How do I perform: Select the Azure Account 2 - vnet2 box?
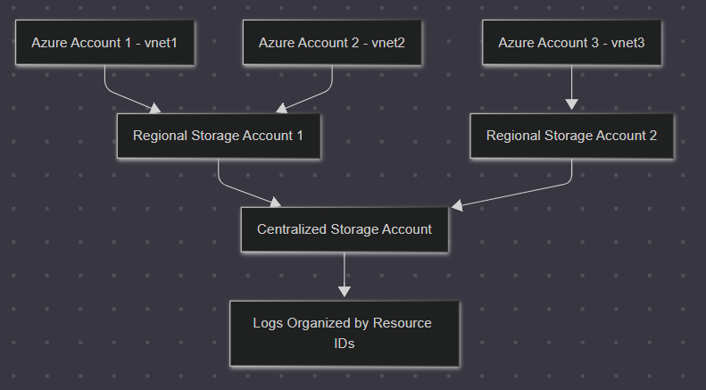pos(332,42)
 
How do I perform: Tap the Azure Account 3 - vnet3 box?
pos(572,42)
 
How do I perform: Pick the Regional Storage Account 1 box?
pos(218,137)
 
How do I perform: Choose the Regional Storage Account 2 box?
pos(571,137)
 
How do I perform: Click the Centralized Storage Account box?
pos(345,229)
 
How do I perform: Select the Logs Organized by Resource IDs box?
pos(345,333)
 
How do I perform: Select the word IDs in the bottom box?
pos(345,343)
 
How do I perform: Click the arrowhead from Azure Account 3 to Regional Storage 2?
pos(571,104)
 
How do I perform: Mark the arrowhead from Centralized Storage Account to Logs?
pos(345,291)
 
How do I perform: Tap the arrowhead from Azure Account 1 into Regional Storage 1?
pos(155,109)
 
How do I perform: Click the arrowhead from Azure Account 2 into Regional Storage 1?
pos(280,109)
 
